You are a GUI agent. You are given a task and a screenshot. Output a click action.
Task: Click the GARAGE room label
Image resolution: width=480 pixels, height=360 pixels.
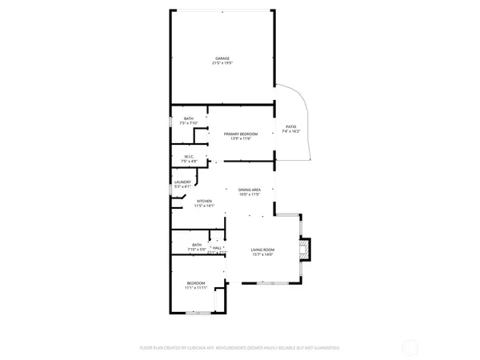tap(222, 58)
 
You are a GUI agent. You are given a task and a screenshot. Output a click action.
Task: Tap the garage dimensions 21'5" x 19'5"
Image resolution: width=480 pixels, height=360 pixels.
tap(222, 63)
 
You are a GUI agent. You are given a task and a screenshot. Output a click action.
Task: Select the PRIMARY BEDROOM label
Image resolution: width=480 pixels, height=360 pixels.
tap(238, 134)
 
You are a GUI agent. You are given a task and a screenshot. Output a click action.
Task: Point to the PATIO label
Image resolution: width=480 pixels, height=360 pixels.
tap(291, 126)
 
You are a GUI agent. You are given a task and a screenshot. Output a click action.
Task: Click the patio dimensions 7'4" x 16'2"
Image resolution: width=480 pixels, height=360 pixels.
tap(291, 131)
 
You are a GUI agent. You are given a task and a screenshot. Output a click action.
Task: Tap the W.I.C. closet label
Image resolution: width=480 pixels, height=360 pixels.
tap(189, 157)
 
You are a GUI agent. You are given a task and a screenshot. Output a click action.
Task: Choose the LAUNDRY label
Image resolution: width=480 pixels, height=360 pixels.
tap(182, 182)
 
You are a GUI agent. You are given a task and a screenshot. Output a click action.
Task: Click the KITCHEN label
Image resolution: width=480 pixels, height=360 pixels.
tap(204, 201)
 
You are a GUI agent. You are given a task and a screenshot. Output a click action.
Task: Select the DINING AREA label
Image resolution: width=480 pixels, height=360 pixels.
tap(250, 189)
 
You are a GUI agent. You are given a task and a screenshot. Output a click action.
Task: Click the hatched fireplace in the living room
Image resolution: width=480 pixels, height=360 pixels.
tap(305, 250)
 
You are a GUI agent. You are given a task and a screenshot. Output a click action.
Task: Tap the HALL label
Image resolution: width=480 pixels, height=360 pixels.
tap(217, 248)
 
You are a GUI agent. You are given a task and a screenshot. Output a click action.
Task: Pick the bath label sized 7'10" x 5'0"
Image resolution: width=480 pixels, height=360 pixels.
tap(196, 246)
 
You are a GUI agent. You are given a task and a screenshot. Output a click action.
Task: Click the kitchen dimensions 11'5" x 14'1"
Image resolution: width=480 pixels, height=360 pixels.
tap(204, 206)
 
